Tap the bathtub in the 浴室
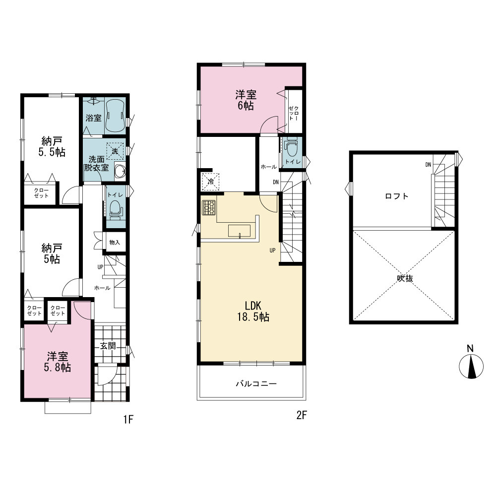(115, 116)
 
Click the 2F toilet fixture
(291, 147)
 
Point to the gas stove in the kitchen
(209, 207)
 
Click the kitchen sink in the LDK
(239, 231)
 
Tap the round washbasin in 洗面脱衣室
(120, 172)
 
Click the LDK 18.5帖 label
(253, 311)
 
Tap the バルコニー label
(256, 384)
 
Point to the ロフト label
(397, 196)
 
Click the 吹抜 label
(405, 278)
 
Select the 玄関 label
(108, 346)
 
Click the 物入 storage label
(115, 243)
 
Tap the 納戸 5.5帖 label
(52, 147)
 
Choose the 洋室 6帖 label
(246, 100)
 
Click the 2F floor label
(302, 415)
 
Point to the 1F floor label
(128, 420)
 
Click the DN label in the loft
(428, 165)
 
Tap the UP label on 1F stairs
(100, 267)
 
